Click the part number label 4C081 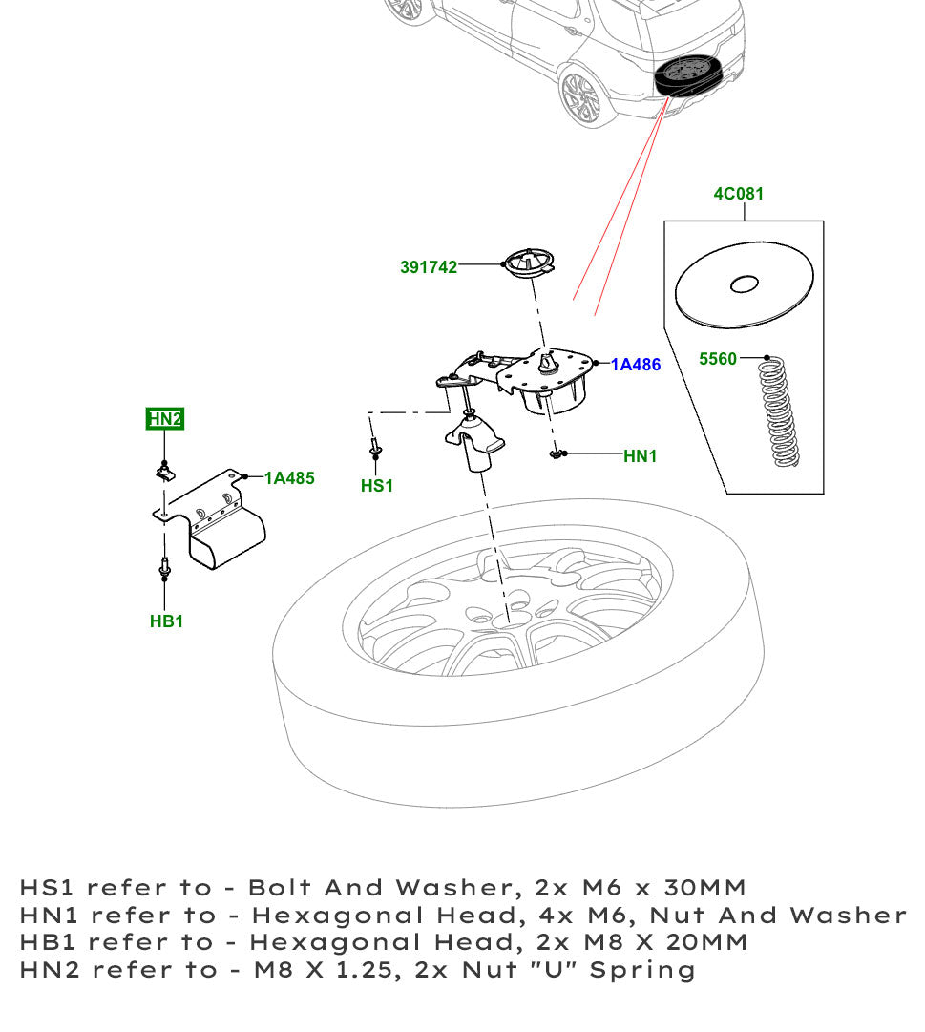(x=738, y=194)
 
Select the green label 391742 (x=428, y=267)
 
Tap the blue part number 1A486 (x=636, y=365)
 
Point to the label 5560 (x=718, y=359)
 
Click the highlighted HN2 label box (x=164, y=418)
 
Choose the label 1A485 (x=289, y=478)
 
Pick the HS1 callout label (x=377, y=486)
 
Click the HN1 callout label (x=640, y=457)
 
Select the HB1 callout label (x=166, y=621)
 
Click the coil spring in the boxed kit (x=783, y=412)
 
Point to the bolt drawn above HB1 (x=164, y=567)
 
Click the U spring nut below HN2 (x=165, y=470)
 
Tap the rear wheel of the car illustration (x=581, y=95)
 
